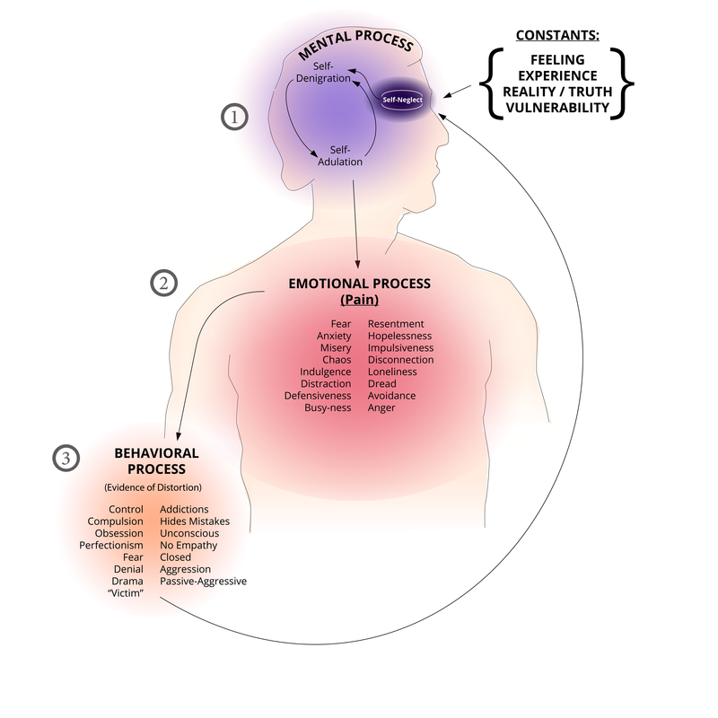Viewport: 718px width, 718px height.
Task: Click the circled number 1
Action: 235,117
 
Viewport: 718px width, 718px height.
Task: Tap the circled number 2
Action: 163,283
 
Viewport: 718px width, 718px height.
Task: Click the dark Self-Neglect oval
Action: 403,102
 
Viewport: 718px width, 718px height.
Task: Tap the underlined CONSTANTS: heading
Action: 556,37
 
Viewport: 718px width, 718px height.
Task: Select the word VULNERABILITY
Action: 556,109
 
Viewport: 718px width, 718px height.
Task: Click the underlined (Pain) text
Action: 359,300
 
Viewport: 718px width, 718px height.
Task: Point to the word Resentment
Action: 396,323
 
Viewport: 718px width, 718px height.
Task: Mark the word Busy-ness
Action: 328,407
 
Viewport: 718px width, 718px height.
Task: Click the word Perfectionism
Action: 111,545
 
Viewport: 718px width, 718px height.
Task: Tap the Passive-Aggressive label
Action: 203,581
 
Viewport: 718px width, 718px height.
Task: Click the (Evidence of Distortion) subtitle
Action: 153,487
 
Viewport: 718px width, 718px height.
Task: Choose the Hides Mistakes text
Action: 195,521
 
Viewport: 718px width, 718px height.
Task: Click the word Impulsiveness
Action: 400,347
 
